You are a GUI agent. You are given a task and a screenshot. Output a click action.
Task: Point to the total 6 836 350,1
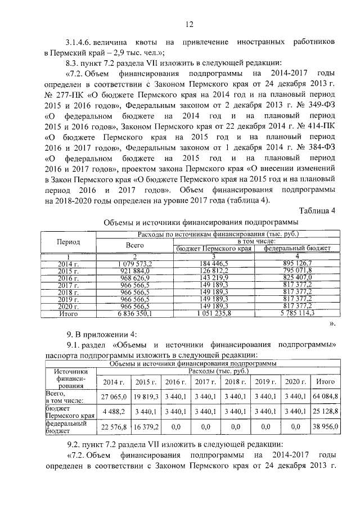135,313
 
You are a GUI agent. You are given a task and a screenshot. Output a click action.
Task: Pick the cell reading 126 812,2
214,270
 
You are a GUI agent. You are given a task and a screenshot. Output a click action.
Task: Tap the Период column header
68,241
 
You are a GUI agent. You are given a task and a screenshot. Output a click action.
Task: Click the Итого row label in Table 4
68,313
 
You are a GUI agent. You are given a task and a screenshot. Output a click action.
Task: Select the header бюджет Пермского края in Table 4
214,248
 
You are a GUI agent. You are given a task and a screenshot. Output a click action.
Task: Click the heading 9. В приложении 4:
98,334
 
